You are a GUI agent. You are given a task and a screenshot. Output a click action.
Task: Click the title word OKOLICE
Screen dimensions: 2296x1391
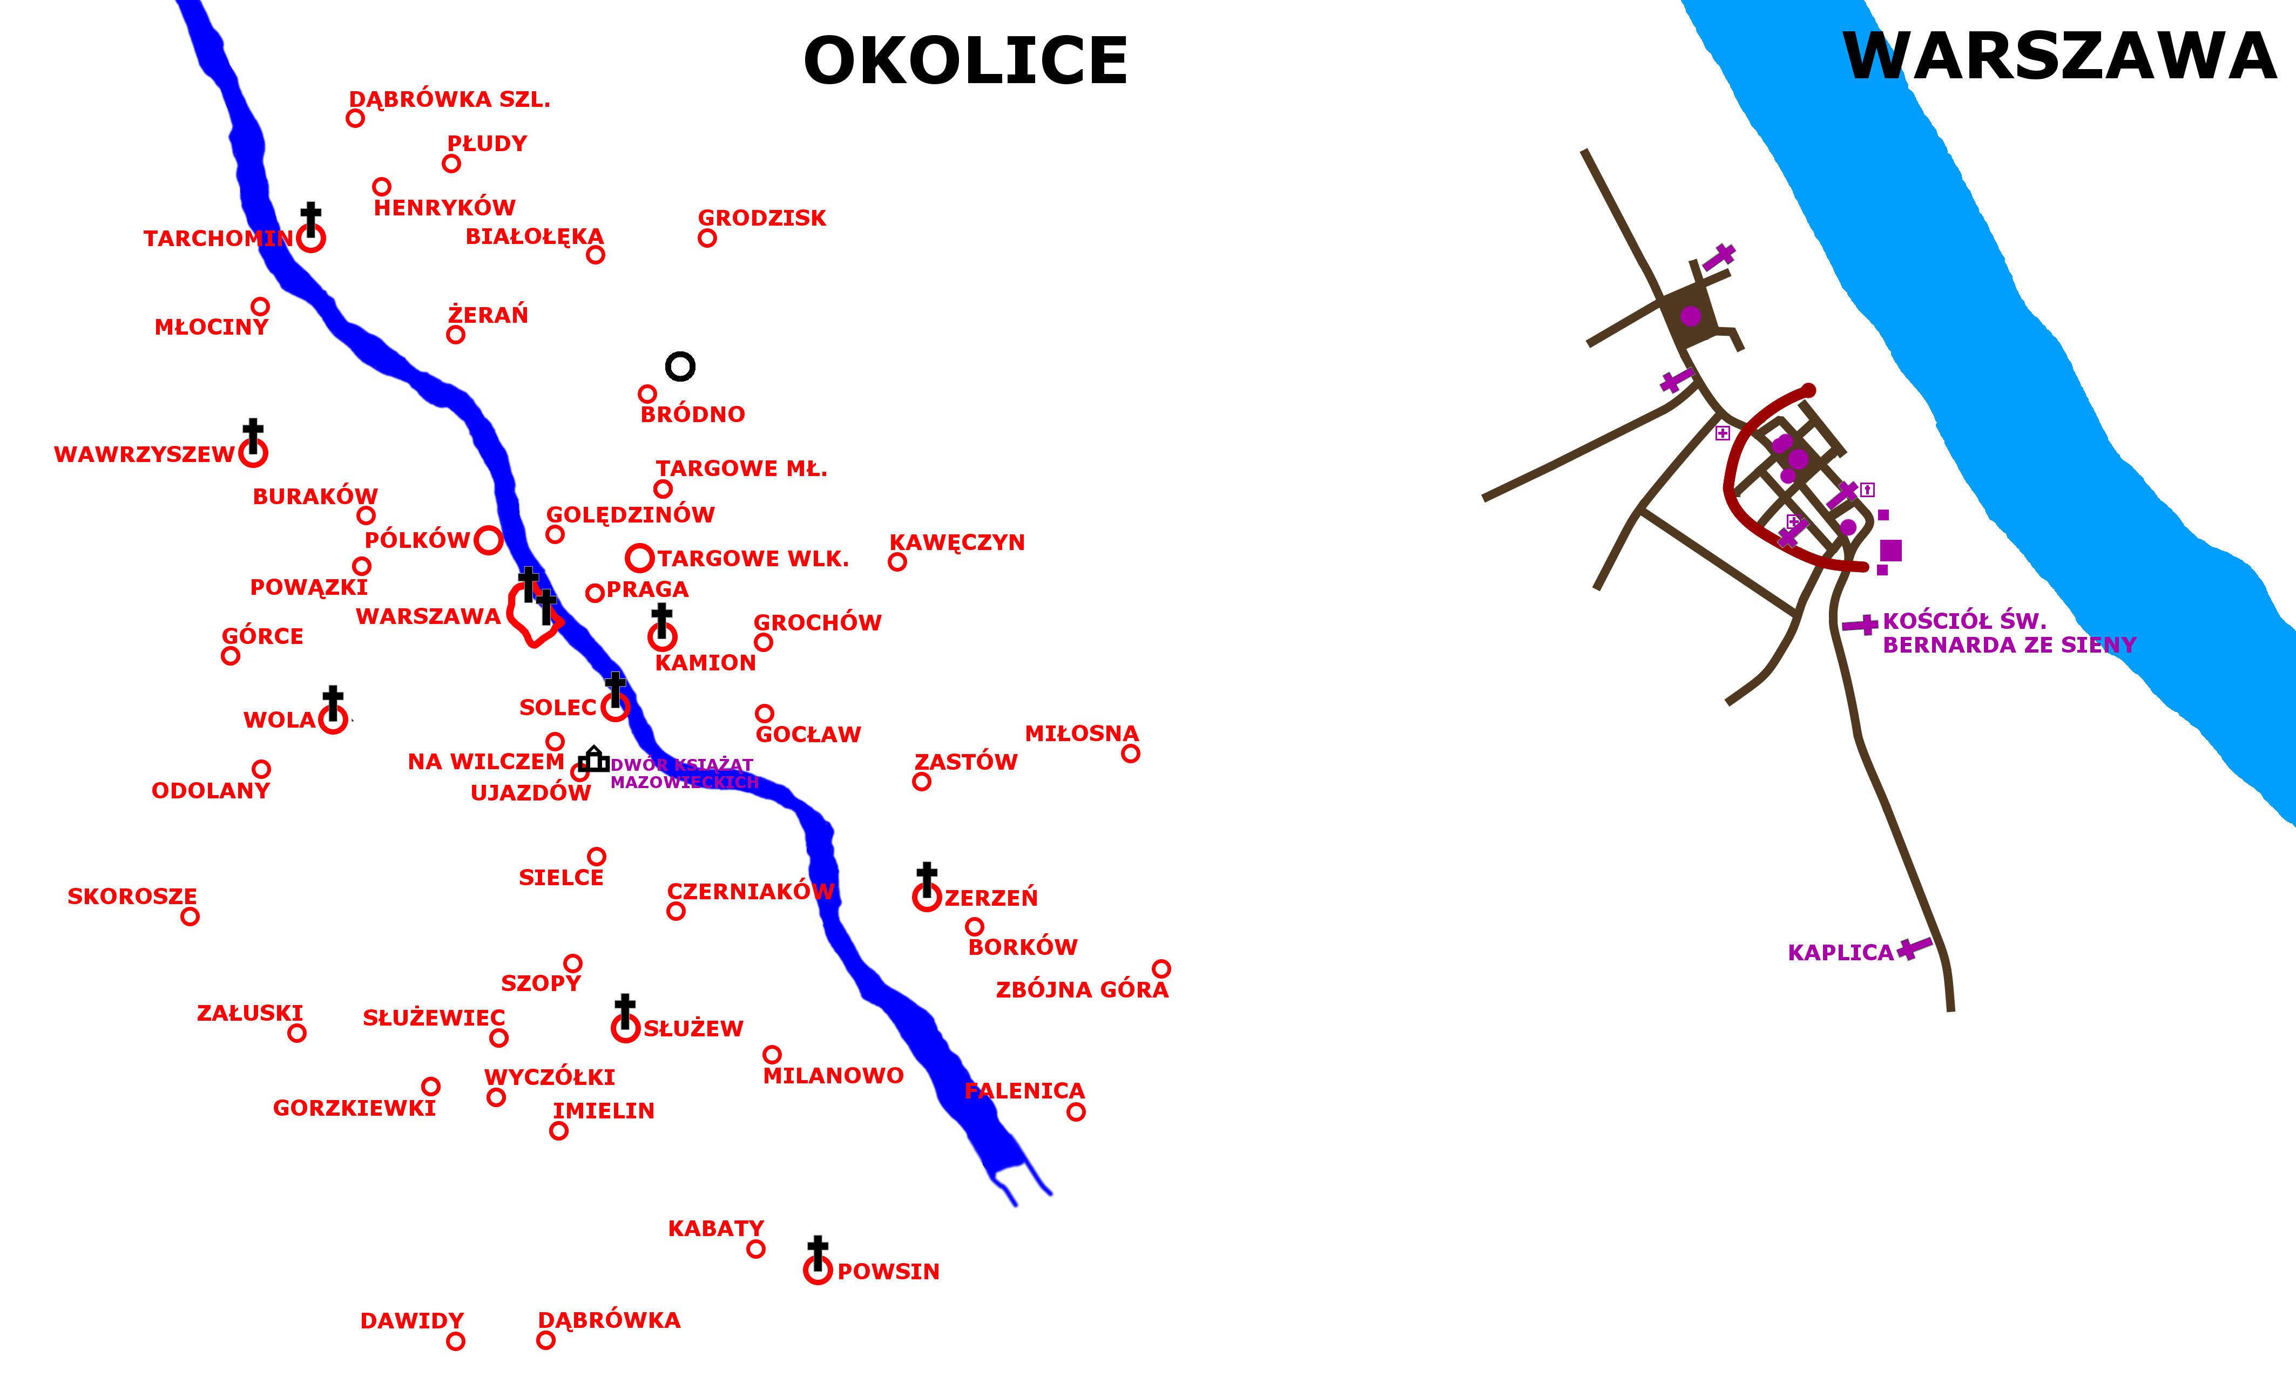(x=965, y=62)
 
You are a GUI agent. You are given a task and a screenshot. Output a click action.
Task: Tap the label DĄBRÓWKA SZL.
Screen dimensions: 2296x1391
(x=449, y=100)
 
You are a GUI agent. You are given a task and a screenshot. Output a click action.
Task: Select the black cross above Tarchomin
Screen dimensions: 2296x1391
(x=311, y=218)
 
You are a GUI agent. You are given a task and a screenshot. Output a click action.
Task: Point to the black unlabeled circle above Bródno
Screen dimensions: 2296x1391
(x=680, y=366)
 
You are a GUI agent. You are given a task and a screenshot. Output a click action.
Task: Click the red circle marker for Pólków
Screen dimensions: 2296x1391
(x=488, y=540)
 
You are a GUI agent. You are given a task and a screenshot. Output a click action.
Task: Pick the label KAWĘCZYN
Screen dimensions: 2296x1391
(x=957, y=542)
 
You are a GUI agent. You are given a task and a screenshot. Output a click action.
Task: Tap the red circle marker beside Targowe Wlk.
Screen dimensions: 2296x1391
(x=639, y=559)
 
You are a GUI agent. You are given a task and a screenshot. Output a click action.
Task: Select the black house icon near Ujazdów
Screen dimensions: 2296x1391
(x=593, y=759)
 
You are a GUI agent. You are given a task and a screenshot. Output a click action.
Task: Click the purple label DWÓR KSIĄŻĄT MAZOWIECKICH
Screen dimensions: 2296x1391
(x=684, y=774)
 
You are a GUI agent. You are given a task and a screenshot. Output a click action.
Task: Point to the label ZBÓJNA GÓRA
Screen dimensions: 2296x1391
(x=1082, y=990)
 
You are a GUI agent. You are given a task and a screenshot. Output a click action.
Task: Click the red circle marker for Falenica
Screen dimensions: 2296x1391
(x=1076, y=1111)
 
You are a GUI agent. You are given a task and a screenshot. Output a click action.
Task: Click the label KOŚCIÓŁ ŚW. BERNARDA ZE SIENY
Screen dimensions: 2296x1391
(x=2008, y=633)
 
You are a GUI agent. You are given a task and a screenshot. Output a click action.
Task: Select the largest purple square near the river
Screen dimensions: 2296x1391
(x=1890, y=551)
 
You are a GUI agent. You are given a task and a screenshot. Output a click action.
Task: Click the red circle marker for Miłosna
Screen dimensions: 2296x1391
(x=1130, y=754)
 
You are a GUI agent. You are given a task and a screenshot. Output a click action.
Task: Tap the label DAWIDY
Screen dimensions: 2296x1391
(x=412, y=1321)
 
